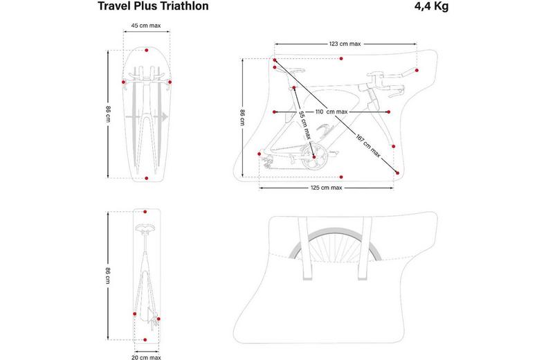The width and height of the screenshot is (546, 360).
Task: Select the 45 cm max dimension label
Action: click(147, 26)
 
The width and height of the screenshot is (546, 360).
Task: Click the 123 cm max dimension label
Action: click(344, 44)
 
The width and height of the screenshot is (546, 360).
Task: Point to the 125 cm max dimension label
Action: click(327, 188)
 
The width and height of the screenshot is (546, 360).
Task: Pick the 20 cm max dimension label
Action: click(146, 357)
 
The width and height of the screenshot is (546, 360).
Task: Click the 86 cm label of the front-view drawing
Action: click(109, 112)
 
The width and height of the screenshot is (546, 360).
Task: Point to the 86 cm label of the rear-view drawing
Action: click(109, 275)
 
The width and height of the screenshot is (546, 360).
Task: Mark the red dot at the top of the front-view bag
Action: click(147, 50)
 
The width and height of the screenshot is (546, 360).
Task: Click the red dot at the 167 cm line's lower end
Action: click(397, 172)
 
